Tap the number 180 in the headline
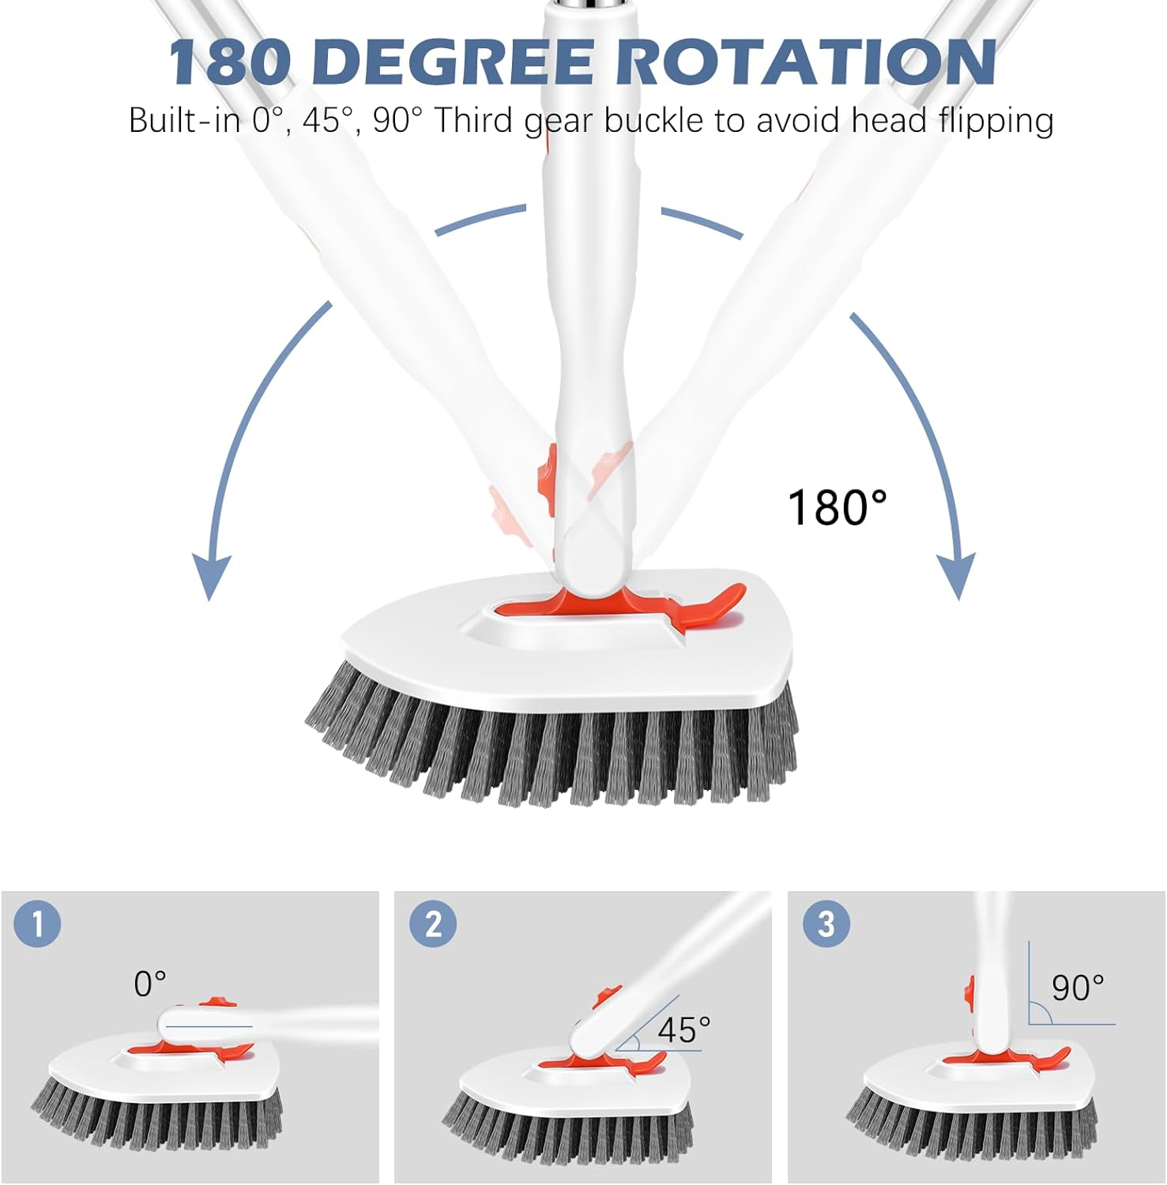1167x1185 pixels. click(x=229, y=62)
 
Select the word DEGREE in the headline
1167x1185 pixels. click(x=458, y=62)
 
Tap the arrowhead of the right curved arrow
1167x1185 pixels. click(x=956, y=575)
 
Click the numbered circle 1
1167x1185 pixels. click(x=36, y=923)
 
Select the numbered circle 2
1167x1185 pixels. click(x=433, y=924)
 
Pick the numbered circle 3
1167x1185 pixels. click(x=826, y=924)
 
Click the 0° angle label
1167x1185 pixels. click(x=150, y=984)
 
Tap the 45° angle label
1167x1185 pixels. click(x=684, y=1029)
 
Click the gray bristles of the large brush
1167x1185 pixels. click(x=553, y=750)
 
